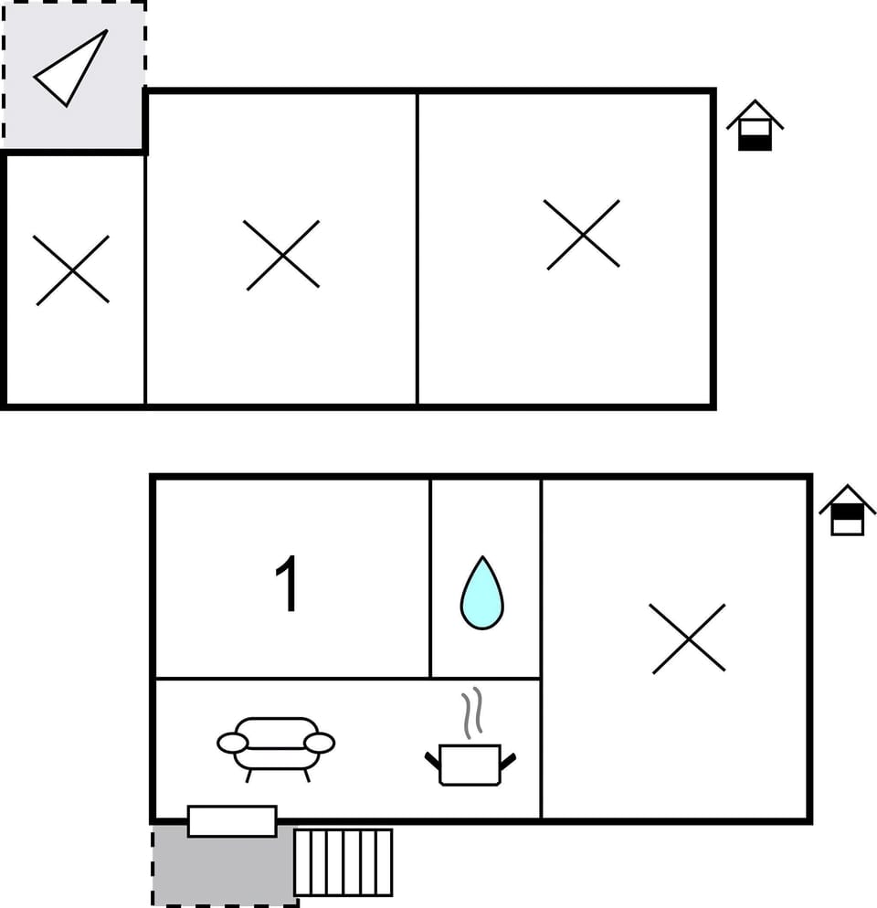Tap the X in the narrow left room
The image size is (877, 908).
[x=72, y=269]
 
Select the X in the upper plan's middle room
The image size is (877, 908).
[x=282, y=255]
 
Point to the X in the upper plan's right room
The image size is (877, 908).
[x=583, y=235]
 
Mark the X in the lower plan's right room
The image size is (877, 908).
[x=689, y=639]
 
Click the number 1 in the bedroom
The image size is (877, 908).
[x=288, y=585]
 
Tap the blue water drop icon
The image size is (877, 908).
[x=481, y=595]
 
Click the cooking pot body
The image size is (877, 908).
[x=470, y=765]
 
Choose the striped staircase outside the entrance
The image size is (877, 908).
[x=343, y=862]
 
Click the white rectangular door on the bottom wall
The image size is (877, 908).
[x=232, y=820]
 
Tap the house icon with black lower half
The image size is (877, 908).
[x=755, y=128]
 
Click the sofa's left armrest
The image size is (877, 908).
[x=232, y=743]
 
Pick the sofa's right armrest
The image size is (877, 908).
[x=320, y=743]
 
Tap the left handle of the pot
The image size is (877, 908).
[x=432, y=759]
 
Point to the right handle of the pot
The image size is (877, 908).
[x=508, y=759]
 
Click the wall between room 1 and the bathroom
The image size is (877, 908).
[x=430, y=578]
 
